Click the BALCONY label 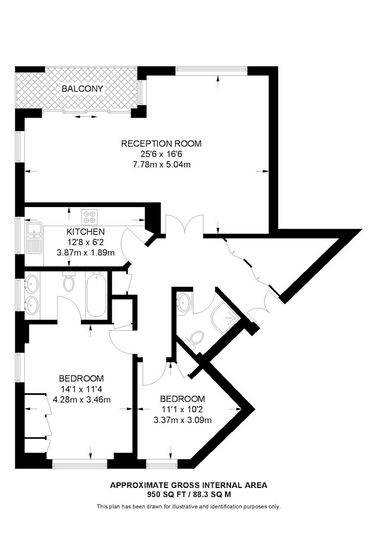(x=82, y=89)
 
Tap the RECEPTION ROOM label (x=161, y=143)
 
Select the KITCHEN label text (x=85, y=232)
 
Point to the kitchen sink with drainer (x=34, y=238)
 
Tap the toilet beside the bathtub (x=69, y=281)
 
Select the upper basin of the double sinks (x=32, y=284)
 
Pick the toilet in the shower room (x=194, y=340)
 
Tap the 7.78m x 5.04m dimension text (x=161, y=165)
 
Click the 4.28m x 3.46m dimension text (x=82, y=399)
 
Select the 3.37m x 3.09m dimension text (x=182, y=419)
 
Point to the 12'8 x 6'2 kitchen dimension (x=85, y=242)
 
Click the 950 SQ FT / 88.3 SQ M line (x=189, y=494)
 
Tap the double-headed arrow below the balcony (x=86, y=117)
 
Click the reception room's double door (x=184, y=225)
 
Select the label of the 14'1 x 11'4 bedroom (x=81, y=378)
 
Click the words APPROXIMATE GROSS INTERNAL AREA (x=189, y=485)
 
